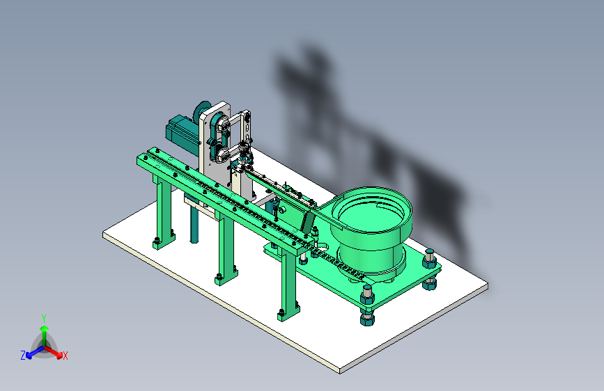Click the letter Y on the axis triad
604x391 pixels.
pyautogui.click(x=44, y=318)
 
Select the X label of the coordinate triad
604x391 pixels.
pyautogui.click(x=65, y=356)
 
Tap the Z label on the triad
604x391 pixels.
pyautogui.click(x=23, y=356)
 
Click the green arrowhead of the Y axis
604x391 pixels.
pyautogui.click(x=45, y=328)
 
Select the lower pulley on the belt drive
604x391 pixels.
pyautogui.click(x=222, y=154)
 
